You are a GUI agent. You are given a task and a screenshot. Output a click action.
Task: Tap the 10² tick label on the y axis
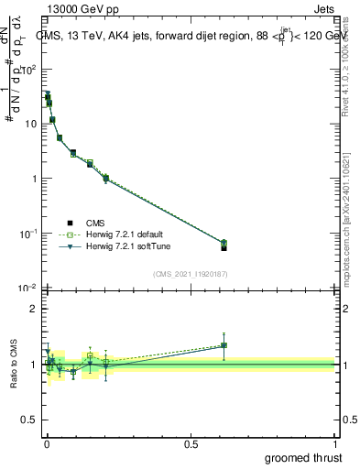(x=28, y=69)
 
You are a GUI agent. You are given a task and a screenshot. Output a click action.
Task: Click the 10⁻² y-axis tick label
(x=28, y=289)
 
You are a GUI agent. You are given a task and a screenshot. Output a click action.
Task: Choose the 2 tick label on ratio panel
(x=33, y=309)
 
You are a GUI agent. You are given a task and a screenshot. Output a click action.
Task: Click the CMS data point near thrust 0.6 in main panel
(x=224, y=247)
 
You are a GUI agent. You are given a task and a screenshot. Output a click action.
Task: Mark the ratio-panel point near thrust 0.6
(x=224, y=345)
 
